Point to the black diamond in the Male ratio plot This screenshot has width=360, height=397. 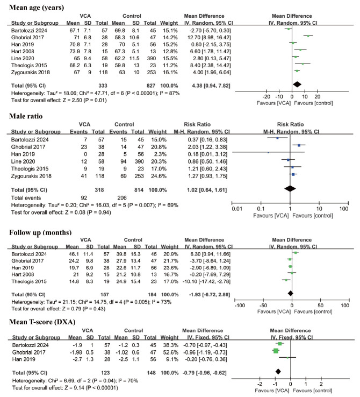coord(290,188)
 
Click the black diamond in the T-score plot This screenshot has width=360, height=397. coord(278,371)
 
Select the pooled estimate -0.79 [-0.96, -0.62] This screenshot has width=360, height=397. coord(204,371)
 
